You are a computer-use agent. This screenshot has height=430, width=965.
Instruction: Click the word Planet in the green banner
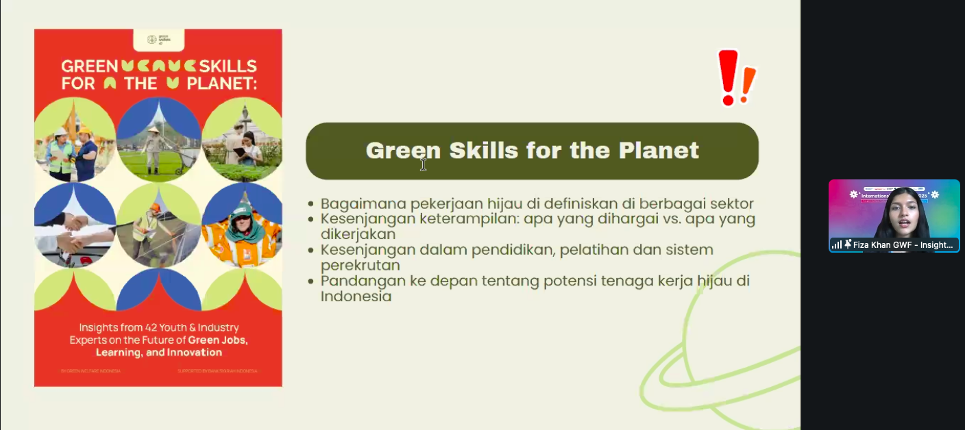[659, 151]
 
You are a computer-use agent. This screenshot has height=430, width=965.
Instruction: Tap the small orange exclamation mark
[748, 84]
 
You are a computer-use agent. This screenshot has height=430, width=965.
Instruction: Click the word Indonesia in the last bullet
[356, 296]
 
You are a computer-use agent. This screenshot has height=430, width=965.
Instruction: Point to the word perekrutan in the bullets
[361, 265]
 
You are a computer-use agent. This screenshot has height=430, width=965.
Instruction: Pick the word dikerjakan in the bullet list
[358, 234]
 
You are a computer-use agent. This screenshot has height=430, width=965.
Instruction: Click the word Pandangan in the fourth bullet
[361, 281]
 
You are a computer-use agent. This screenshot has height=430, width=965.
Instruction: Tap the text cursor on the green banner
[424, 164]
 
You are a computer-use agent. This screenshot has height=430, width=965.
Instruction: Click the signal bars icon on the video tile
[837, 244]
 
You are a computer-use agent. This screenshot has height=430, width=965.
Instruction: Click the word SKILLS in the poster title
[228, 66]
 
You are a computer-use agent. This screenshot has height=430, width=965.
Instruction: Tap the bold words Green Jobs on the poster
[218, 340]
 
